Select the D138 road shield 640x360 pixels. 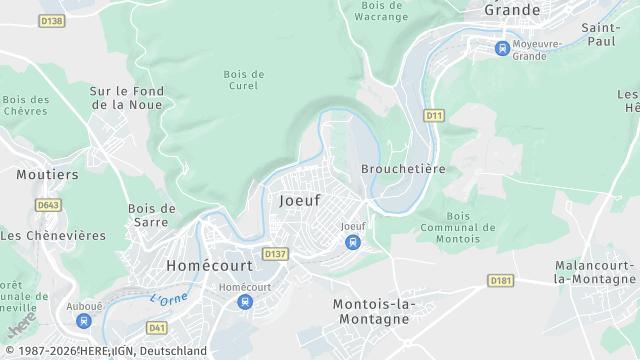[52, 20]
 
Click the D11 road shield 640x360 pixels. [433, 116]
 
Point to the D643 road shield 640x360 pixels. [47, 205]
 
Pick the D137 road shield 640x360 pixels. [275, 255]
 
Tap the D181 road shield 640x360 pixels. [501, 281]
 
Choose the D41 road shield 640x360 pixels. [157, 327]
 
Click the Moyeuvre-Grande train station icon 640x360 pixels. [502, 47]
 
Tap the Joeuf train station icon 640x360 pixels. [352, 242]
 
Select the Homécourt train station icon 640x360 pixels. [245, 302]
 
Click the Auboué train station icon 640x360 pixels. [84, 321]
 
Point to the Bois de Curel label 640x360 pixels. [243, 80]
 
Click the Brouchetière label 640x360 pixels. [403, 169]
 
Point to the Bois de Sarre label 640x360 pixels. [152, 215]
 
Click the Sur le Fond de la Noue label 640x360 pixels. [127, 97]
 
